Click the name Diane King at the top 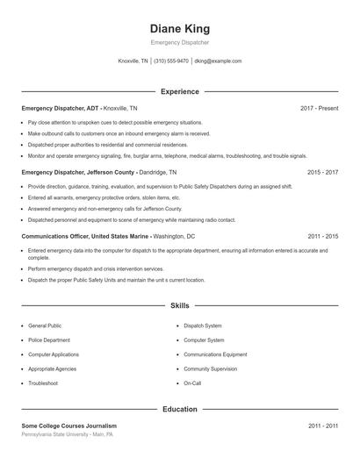[x=179, y=28]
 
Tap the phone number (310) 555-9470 [x=171, y=61]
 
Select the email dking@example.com [x=218, y=61]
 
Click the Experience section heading [x=179, y=91]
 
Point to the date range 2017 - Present [x=319, y=108]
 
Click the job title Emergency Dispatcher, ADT [x=61, y=108]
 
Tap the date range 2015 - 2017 [x=322, y=173]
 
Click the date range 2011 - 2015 [x=322, y=237]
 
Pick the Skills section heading [x=179, y=306]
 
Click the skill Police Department [x=49, y=340]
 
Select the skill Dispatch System [x=203, y=325]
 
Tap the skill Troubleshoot [x=43, y=383]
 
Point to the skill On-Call [x=192, y=383]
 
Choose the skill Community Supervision [x=211, y=368]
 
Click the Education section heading [x=179, y=409]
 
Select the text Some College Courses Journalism [x=69, y=426]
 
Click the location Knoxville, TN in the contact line [x=133, y=61]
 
